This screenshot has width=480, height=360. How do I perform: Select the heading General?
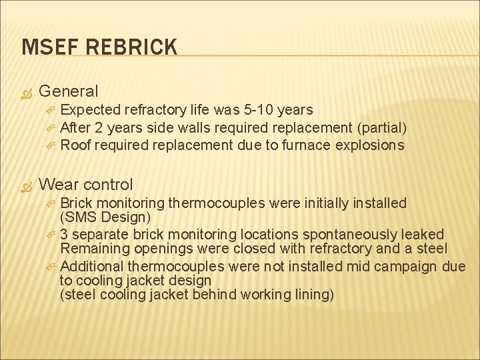(x=69, y=91)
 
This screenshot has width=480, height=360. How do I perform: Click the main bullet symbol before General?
(x=27, y=91)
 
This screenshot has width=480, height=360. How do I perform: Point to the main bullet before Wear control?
(x=27, y=185)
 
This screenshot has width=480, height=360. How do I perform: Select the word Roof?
(x=75, y=145)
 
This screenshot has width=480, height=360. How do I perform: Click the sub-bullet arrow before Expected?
(x=51, y=109)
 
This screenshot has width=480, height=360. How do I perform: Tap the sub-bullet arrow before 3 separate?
(x=51, y=234)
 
